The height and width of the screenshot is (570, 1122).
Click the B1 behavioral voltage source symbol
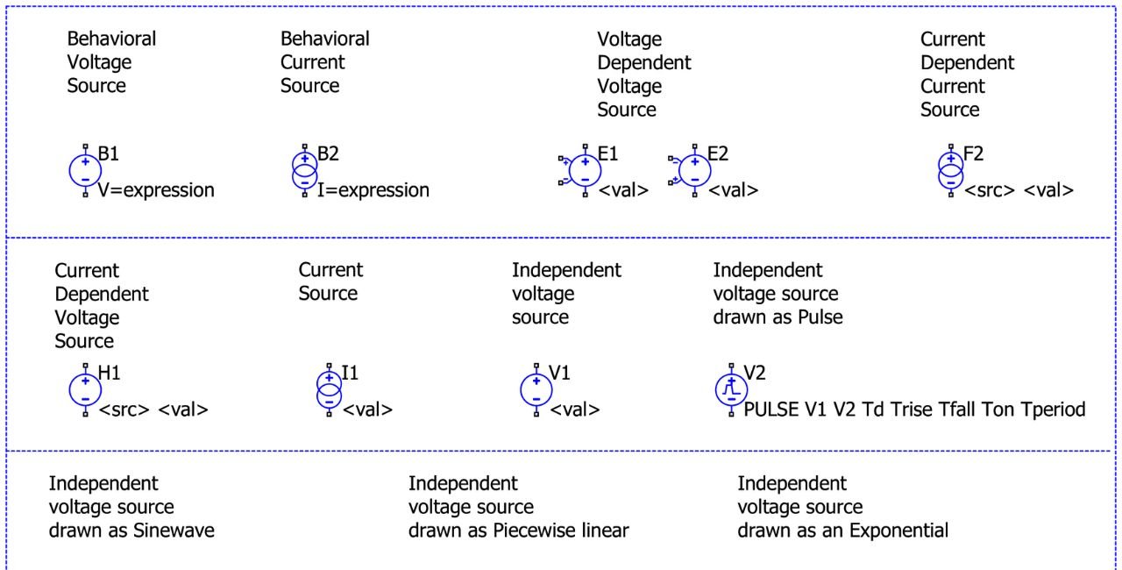[85, 169]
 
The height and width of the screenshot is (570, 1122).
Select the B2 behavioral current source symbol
[304, 169]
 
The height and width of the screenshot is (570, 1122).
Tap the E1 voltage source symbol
[584, 169]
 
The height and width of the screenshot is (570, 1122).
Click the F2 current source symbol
[950, 169]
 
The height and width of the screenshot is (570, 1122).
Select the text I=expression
[373, 190]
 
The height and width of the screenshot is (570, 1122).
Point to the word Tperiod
[1053, 410]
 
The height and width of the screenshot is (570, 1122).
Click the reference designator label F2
[973, 154]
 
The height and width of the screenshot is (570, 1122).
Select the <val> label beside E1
[623, 190]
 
